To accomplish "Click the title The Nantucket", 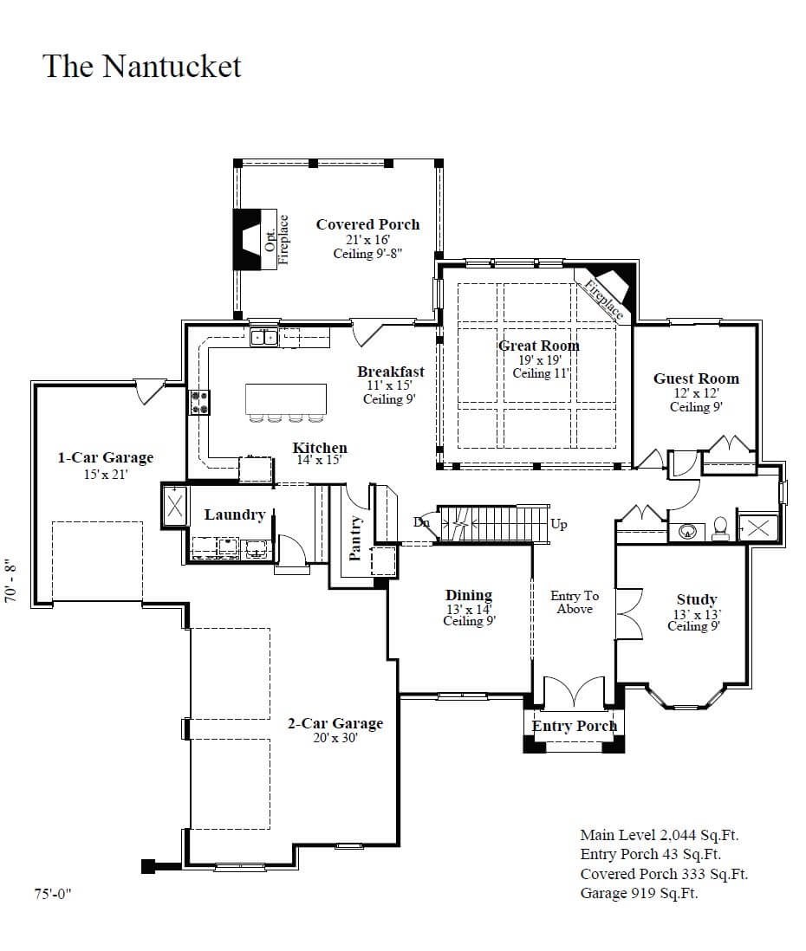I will (x=142, y=67).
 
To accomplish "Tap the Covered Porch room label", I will (x=367, y=224).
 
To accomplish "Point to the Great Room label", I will (x=538, y=346).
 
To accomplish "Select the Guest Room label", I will (x=696, y=378).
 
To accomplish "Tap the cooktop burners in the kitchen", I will (x=199, y=402).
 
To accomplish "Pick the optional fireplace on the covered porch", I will (x=250, y=237).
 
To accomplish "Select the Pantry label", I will (x=354, y=538).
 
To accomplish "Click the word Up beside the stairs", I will (x=559, y=525).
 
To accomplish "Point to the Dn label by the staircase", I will (x=421, y=522).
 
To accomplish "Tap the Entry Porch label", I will (x=574, y=726).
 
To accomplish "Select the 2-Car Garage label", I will (x=335, y=724).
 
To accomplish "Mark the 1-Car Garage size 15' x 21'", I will (x=106, y=475).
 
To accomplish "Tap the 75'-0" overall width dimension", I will (x=53, y=894).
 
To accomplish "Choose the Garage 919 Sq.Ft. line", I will (x=639, y=893).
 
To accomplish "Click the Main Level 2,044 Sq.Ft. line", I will (x=659, y=835).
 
